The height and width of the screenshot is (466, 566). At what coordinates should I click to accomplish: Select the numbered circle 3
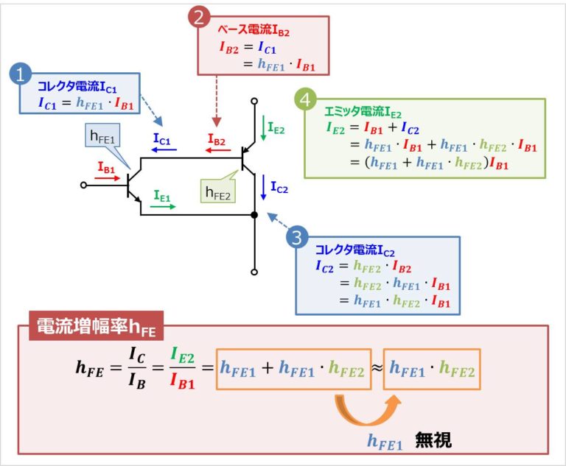pos(296,237)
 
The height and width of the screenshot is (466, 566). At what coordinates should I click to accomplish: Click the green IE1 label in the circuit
pos(163,197)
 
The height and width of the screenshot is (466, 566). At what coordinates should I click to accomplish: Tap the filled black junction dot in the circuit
pos(254,215)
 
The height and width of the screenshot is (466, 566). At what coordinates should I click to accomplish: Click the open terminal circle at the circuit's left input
pos(84,185)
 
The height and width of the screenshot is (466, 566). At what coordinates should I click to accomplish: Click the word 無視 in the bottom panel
pos(432,440)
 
